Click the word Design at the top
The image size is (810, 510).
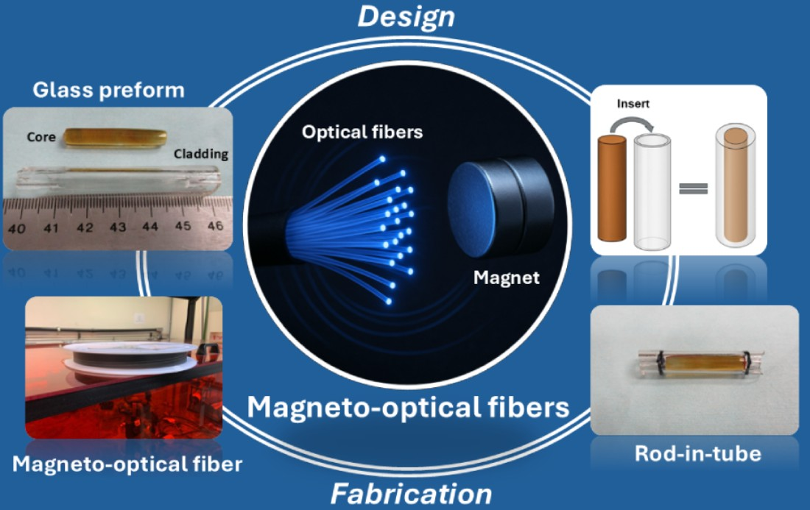[x=406, y=16]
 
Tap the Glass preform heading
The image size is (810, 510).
[x=108, y=91]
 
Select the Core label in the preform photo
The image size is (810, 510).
[x=42, y=137]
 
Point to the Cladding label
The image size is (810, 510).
[x=201, y=155]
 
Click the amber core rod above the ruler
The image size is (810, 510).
[x=112, y=138]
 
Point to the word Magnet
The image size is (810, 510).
[x=507, y=278]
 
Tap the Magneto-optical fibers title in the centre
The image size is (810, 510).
[x=408, y=406]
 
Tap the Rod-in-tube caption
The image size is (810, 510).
[x=697, y=454]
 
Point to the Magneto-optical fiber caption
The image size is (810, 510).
[x=127, y=464]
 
